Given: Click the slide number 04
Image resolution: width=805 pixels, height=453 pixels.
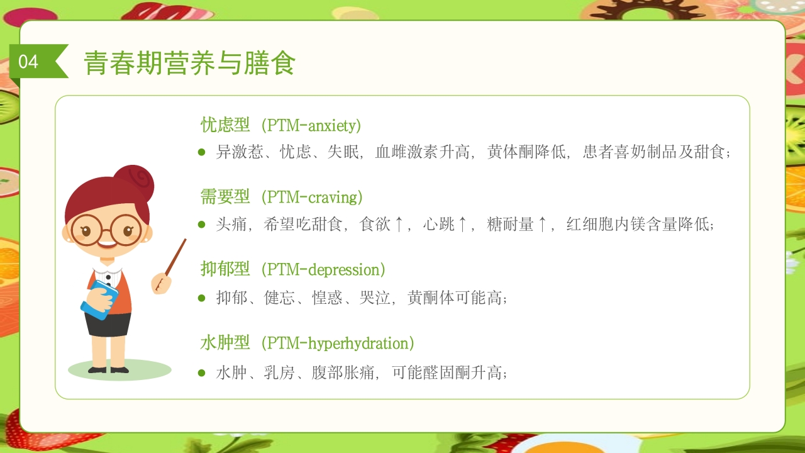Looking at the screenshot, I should point(28,62).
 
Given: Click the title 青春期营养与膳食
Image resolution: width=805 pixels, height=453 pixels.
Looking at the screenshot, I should point(190,63).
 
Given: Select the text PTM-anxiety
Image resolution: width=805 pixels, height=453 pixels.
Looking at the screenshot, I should point(311,125).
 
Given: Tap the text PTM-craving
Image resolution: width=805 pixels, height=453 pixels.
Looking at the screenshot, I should point(312,198).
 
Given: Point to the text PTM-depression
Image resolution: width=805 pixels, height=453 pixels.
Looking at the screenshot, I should point(323,270).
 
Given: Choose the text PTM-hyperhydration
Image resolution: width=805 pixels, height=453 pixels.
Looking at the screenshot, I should point(337,344).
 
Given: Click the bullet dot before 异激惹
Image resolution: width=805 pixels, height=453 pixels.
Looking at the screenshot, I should point(202,152).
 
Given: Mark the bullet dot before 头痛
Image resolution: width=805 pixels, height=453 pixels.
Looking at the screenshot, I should point(202,225).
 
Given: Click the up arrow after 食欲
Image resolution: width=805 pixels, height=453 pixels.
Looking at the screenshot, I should point(399,225).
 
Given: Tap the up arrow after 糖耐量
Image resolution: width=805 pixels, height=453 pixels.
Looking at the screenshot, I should point(542,225).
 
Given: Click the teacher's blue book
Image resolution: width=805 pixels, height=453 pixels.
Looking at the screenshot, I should point(99,300).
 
